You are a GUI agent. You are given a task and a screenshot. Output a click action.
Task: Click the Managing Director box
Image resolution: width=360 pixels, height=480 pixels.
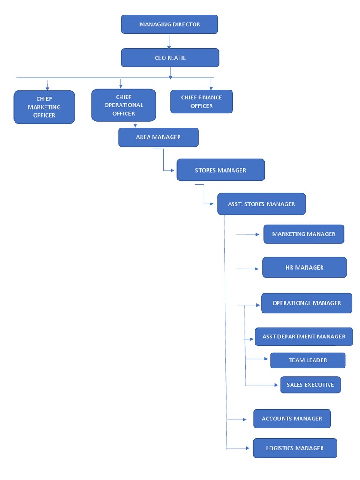pyautogui.click(x=170, y=24)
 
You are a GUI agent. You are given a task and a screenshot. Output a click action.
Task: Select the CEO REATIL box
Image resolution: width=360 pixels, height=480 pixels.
pyautogui.click(x=170, y=58)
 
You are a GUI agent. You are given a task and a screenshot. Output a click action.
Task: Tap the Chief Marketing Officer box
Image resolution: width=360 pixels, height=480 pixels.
pyautogui.click(x=44, y=107)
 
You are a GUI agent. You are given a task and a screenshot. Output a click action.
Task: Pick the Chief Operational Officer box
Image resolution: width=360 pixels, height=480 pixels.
pyautogui.click(x=124, y=105)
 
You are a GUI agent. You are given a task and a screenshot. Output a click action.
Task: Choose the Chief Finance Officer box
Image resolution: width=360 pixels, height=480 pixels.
pyautogui.click(x=202, y=102)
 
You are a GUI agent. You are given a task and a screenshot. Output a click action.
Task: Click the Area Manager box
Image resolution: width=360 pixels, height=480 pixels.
pyautogui.click(x=158, y=137)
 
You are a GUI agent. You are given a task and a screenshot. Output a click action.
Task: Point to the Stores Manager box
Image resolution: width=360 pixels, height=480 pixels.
pyautogui.click(x=221, y=170)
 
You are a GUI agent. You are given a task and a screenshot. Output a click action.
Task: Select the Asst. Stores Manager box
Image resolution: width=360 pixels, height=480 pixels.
pyautogui.click(x=262, y=204)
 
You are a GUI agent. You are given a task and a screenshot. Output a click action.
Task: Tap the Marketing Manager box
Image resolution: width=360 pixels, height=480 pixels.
pyautogui.click(x=304, y=234)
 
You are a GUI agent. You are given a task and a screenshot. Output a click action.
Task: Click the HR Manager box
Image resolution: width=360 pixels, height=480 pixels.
pyautogui.click(x=305, y=267)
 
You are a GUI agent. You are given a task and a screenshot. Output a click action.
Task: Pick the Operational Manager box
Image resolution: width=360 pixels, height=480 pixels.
pyautogui.click(x=307, y=303)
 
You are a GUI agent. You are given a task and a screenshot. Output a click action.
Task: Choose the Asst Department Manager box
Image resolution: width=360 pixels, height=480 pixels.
pyautogui.click(x=304, y=337)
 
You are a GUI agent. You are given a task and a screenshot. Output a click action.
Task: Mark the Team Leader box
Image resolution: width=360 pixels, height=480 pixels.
pyautogui.click(x=308, y=360)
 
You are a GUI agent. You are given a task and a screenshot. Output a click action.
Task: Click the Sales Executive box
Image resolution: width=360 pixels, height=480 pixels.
pyautogui.click(x=310, y=385)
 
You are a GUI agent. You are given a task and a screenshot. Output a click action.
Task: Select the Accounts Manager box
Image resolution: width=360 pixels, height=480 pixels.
pyautogui.click(x=292, y=419)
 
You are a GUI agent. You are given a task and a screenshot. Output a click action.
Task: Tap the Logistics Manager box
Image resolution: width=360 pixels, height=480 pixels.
pyautogui.click(x=295, y=448)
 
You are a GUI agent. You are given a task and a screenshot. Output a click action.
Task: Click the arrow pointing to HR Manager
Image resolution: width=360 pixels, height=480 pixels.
pyautogui.click(x=248, y=269)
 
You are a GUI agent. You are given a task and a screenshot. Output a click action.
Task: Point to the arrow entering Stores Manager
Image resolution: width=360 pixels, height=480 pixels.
pyautogui.click(x=168, y=170)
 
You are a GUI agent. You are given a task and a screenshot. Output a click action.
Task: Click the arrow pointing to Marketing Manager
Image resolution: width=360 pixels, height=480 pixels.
pyautogui.click(x=248, y=234)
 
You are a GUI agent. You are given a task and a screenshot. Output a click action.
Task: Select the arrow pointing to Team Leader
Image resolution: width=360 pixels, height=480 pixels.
pyautogui.click(x=257, y=359)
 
